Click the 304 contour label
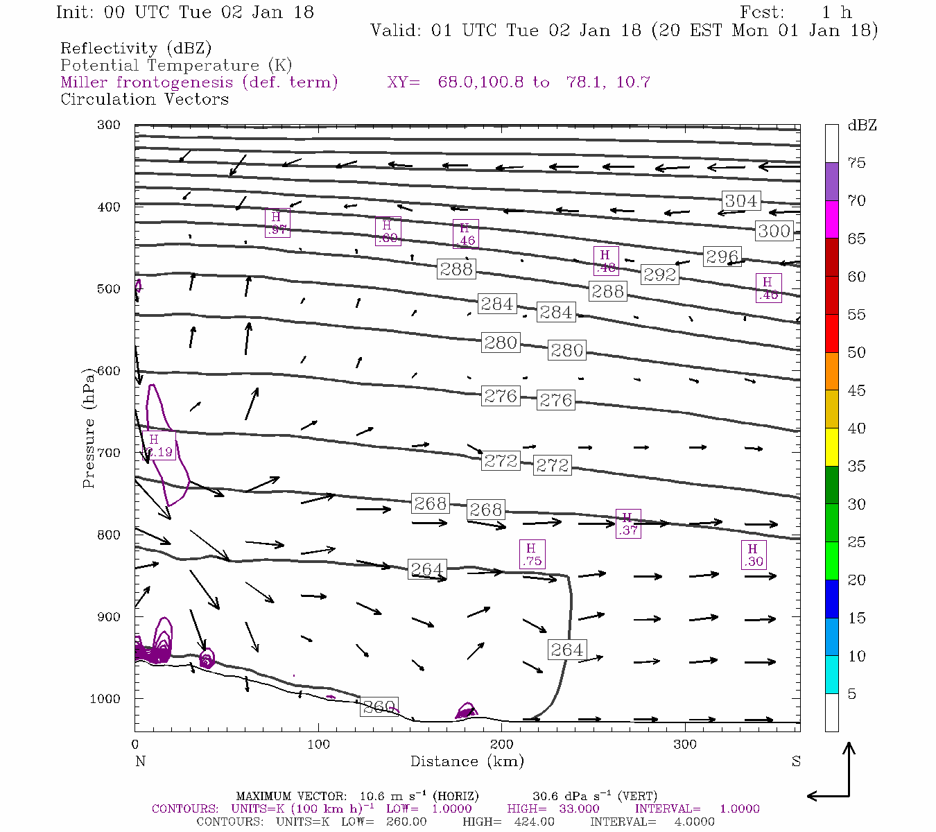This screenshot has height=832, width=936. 740,201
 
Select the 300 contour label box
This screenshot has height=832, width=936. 774,231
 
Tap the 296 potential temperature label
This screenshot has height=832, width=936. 722,257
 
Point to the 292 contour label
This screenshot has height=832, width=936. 659,275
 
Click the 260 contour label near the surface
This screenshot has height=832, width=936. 379,707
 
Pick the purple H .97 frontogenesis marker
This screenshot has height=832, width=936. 277,223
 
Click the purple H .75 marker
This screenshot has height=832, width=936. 532,555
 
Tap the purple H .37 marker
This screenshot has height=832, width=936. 628,523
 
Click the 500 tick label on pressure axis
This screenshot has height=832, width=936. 108,289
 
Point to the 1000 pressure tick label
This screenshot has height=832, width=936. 105,699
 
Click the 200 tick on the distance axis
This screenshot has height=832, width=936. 502,745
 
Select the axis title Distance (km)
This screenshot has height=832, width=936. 467,761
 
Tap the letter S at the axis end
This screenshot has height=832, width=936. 796,761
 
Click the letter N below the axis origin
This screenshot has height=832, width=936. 140,761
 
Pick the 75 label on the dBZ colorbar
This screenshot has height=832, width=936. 857,163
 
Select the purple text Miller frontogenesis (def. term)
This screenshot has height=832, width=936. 199,83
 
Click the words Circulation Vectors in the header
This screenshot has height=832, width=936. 144,99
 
